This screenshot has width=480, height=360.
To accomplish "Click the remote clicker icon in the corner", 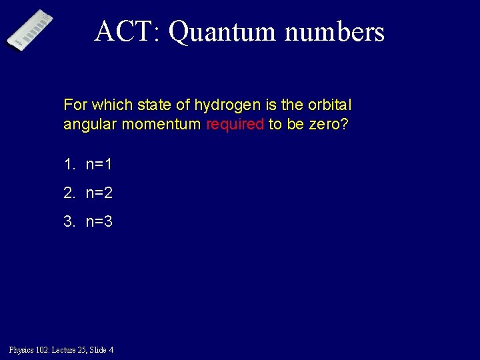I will point(30,29).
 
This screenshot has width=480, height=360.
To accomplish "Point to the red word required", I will point(235,124).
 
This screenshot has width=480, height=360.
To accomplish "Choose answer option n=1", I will point(99,164).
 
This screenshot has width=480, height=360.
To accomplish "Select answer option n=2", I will point(99,193).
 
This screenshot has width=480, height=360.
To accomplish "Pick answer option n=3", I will point(99,221).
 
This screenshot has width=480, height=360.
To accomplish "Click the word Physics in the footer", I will point(20,349).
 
